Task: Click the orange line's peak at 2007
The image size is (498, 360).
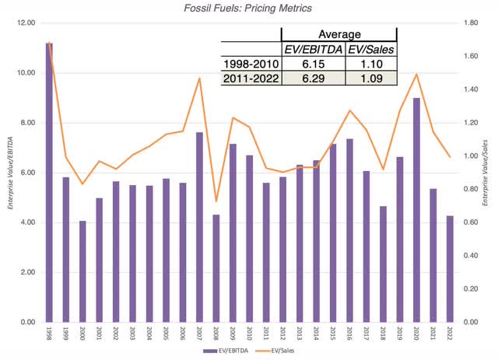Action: click(199, 78)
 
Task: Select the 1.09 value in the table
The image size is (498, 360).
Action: click(370, 79)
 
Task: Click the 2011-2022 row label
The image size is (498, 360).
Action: click(251, 79)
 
